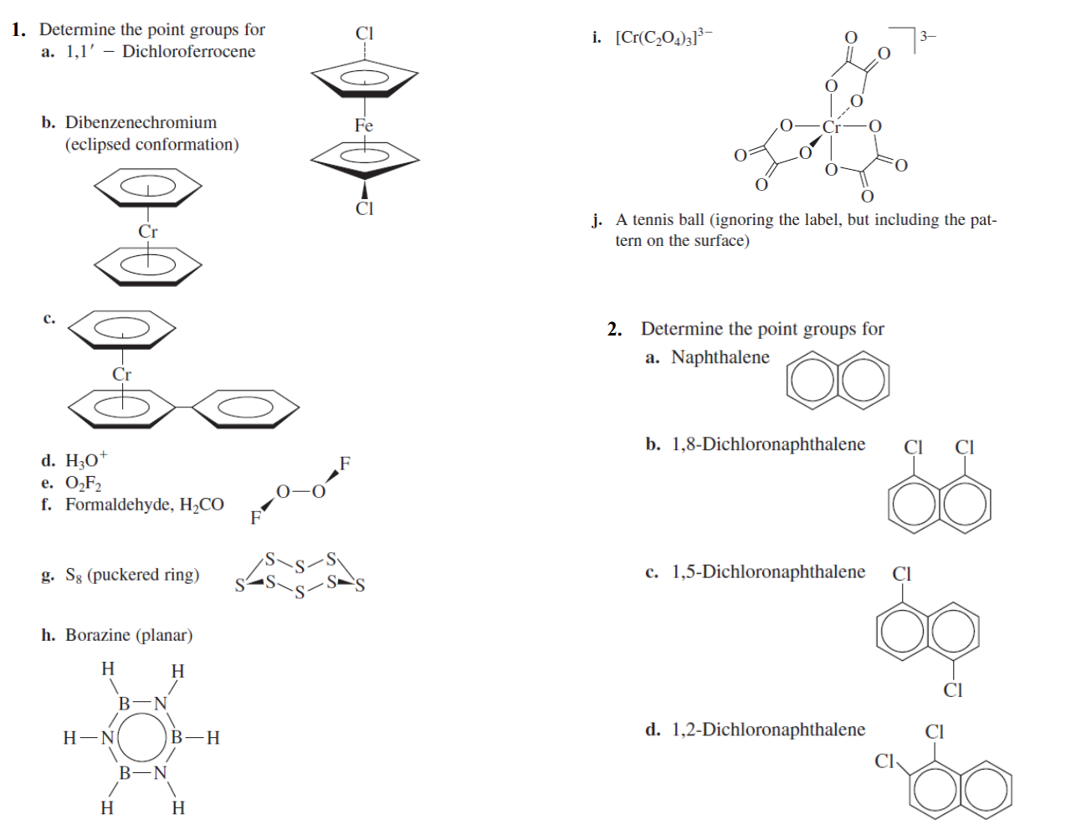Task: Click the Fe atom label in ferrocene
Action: coord(363,126)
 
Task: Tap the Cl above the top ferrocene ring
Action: coord(365,33)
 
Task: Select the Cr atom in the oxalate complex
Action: coord(831,127)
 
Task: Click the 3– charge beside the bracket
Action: coord(927,36)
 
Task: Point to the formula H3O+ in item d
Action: coord(86,460)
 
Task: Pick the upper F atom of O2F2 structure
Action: coord(345,463)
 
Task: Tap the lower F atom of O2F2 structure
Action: coord(255,518)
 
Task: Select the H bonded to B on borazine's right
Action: coord(213,738)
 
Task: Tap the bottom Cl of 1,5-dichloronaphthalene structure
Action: coord(953,690)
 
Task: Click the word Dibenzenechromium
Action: coord(141,122)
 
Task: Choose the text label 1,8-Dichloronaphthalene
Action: coord(768,444)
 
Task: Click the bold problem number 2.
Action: coord(614,329)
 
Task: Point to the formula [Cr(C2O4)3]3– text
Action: coord(664,38)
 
